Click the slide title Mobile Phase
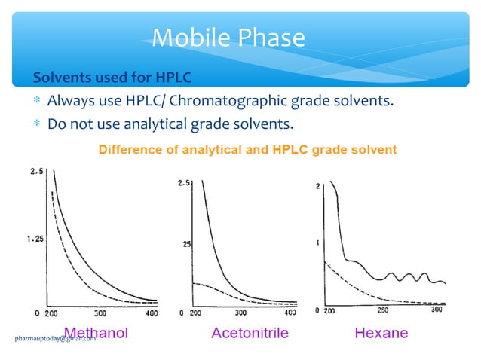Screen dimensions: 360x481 (228, 37)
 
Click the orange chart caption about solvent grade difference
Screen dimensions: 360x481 (248, 149)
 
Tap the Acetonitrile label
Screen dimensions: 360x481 (250, 332)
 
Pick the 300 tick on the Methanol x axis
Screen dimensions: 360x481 (100, 313)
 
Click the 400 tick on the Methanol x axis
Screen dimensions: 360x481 (152, 313)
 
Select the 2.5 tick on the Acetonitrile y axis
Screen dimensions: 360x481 (183, 183)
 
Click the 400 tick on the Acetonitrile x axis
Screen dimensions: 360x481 (290, 313)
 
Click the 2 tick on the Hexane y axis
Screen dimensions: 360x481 (317, 185)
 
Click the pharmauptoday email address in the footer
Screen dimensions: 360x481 (55, 339)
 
